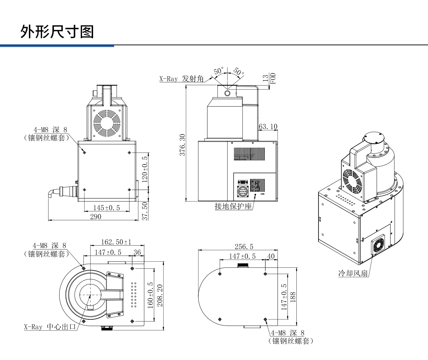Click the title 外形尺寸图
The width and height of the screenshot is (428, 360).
57,32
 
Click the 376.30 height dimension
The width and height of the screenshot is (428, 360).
182,145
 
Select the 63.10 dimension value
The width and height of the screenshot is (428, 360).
268,127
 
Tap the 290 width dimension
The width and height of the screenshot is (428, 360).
96,216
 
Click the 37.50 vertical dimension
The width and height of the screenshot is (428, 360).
145,211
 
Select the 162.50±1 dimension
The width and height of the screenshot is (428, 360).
116,242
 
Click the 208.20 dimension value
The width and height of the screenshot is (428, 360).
160,296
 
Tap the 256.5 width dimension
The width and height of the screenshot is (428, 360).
244,247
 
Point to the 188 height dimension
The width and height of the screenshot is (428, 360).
293,297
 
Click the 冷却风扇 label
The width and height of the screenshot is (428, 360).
353,273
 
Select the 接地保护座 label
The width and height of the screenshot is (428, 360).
233,206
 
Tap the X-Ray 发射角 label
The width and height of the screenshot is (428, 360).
181,79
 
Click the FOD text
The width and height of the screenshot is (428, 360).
273,78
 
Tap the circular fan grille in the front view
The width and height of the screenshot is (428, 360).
107,122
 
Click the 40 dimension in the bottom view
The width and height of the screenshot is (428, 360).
271,256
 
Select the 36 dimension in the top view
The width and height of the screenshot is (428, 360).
137,252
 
